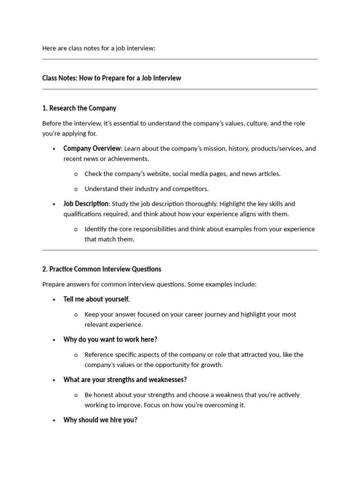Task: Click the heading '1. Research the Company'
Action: pyautogui.click(x=79, y=108)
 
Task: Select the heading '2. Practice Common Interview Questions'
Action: pyautogui.click(x=102, y=269)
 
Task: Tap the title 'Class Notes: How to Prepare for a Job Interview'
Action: pyautogui.click(x=112, y=78)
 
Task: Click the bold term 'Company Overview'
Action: pyautogui.click(x=92, y=149)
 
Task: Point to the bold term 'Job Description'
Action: pyautogui.click(x=86, y=204)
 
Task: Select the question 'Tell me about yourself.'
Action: pyautogui.click(x=97, y=299)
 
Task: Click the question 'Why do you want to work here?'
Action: pyautogui.click(x=110, y=339)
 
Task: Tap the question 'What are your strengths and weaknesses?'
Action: pyautogui.click(x=125, y=380)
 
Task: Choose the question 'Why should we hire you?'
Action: pyautogui.click(x=100, y=420)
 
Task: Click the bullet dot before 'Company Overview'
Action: pyautogui.click(x=54, y=149)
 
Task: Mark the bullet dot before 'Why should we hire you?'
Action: pyautogui.click(x=54, y=420)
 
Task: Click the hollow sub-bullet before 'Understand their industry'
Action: pyautogui.click(x=76, y=189)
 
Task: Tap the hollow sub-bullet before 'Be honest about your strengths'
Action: pyautogui.click(x=76, y=395)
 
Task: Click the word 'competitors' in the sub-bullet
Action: pyautogui.click(x=191, y=189)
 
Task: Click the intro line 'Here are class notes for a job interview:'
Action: pyautogui.click(x=98, y=48)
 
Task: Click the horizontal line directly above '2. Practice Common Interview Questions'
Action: pyautogui.click(x=180, y=250)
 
